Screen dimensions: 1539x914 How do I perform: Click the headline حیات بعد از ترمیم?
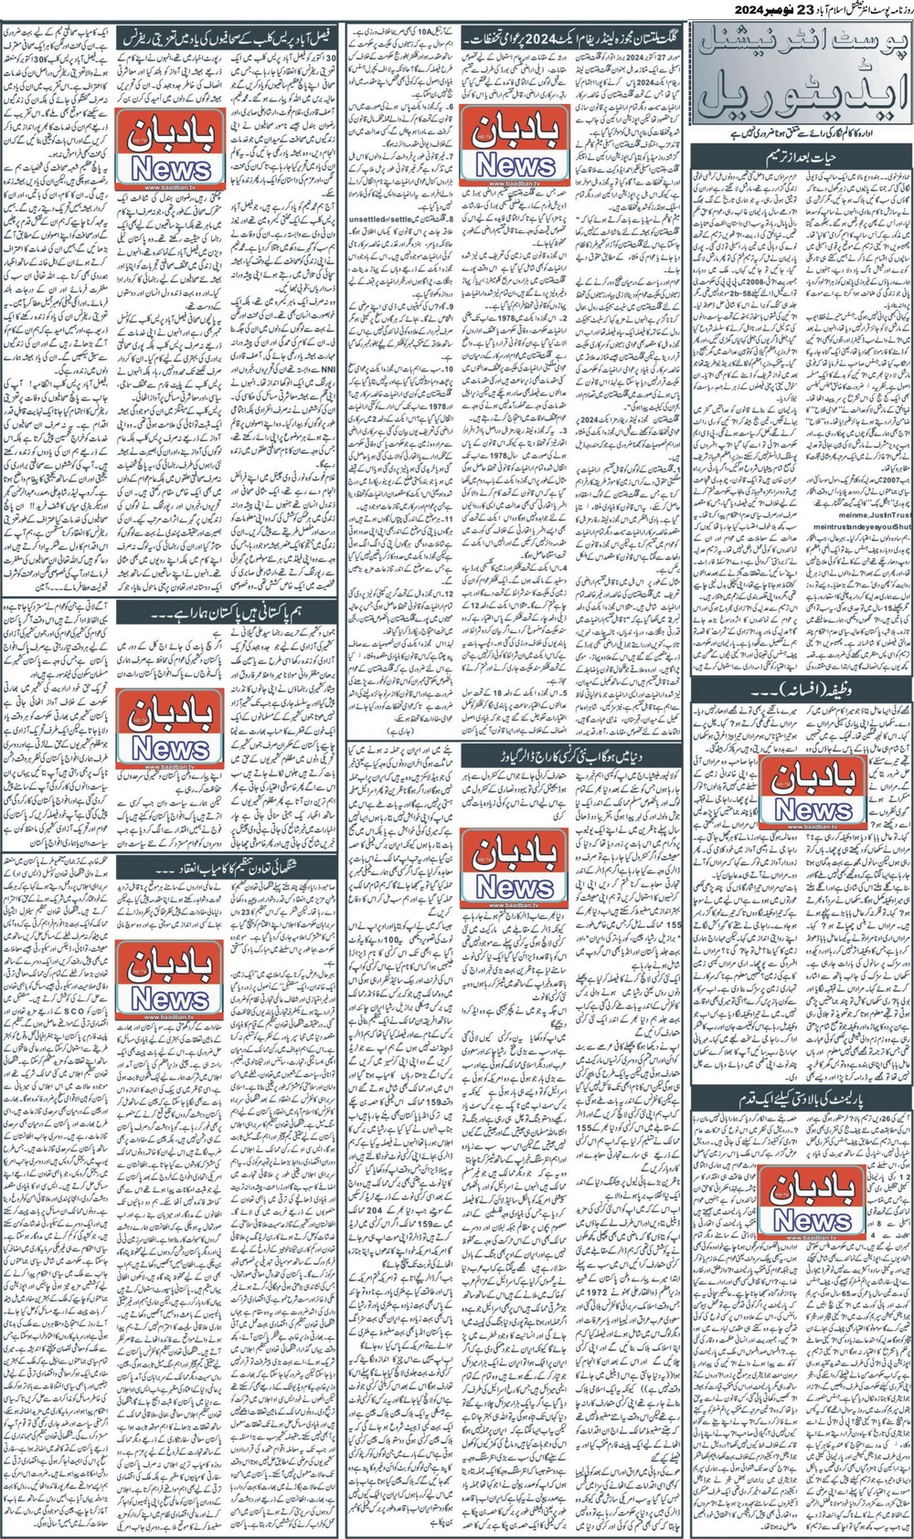[801, 159]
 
